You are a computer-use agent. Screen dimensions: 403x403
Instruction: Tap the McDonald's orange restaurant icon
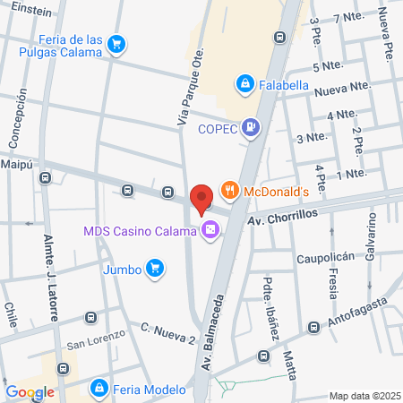pyautogui.click(x=230, y=190)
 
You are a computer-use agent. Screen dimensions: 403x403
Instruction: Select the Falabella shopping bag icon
pyautogui.click(x=244, y=84)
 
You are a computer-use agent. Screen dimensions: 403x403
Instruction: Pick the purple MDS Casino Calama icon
pyautogui.click(x=210, y=231)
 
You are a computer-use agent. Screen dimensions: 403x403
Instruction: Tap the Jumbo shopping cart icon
pyautogui.click(x=156, y=267)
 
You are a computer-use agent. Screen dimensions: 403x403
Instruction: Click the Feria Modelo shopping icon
pyautogui.click(x=99, y=389)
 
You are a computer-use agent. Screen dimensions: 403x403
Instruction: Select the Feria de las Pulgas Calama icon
pyautogui.click(x=116, y=43)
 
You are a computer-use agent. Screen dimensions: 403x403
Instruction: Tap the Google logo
pyautogui.click(x=30, y=391)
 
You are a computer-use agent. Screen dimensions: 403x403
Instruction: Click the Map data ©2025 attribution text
pyautogui.click(x=364, y=396)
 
